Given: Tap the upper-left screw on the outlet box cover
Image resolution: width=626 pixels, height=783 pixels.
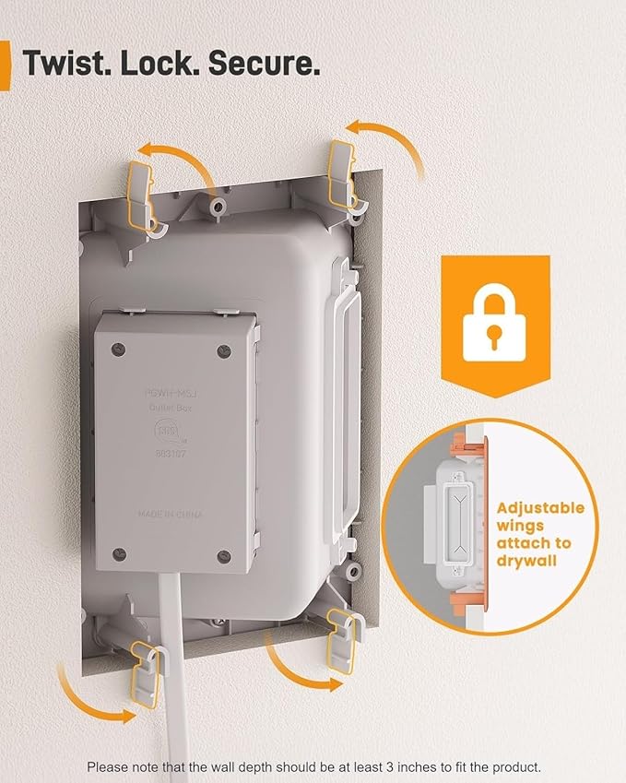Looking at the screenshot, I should (x=116, y=348).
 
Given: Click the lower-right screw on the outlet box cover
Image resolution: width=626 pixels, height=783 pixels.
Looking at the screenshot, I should (x=224, y=555).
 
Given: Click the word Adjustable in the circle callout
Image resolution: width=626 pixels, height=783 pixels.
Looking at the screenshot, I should (x=540, y=507).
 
